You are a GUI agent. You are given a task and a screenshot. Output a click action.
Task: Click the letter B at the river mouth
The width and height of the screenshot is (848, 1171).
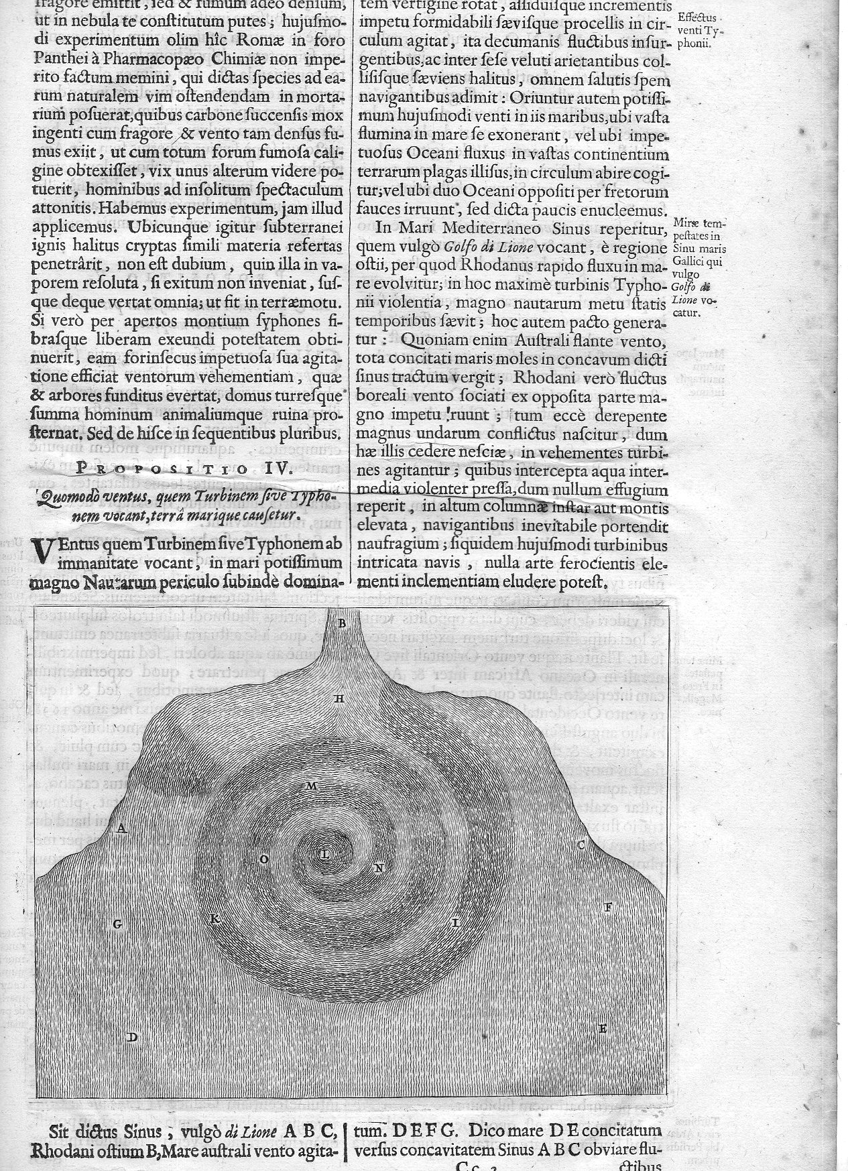click(x=342, y=624)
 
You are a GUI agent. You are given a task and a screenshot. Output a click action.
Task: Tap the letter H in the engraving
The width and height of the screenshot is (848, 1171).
click(x=339, y=699)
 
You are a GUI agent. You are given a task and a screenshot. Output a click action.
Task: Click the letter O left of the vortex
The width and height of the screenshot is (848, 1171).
click(x=264, y=859)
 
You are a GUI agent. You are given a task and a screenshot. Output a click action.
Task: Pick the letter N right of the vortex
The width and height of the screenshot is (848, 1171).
click(x=378, y=868)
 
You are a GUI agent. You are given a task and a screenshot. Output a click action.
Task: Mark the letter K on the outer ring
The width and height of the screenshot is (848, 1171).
click(x=215, y=918)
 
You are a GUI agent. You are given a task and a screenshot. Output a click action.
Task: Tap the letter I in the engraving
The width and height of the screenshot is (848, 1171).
click(x=455, y=923)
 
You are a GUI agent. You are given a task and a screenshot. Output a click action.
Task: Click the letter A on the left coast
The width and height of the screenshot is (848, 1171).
click(x=121, y=828)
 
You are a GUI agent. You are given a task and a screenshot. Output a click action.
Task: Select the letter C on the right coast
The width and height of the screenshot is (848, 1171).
click(x=581, y=845)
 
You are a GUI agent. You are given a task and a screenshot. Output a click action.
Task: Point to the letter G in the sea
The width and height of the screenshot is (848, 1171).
click(x=117, y=924)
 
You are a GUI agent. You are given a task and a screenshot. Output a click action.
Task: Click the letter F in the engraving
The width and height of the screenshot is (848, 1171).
click(x=609, y=908)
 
